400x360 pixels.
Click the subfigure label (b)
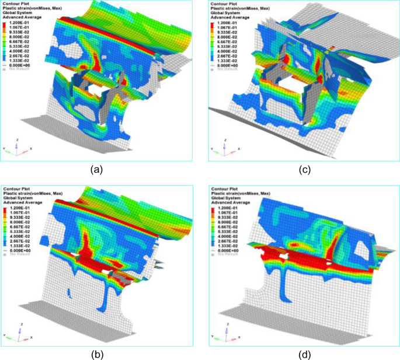(98, 352)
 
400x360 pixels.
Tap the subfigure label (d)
(303, 352)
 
